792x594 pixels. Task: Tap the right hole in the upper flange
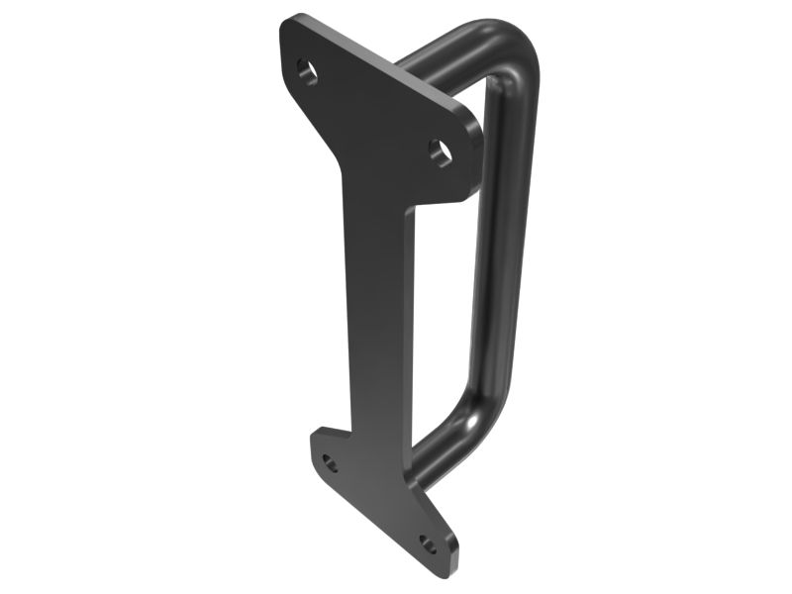click(440, 151)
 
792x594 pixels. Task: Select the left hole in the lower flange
click(330, 463)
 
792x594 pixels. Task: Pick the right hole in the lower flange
click(428, 544)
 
